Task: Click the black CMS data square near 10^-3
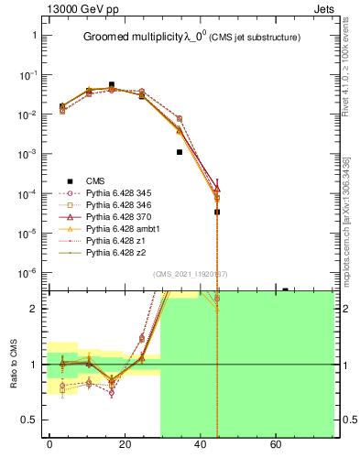click(x=180, y=152)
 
